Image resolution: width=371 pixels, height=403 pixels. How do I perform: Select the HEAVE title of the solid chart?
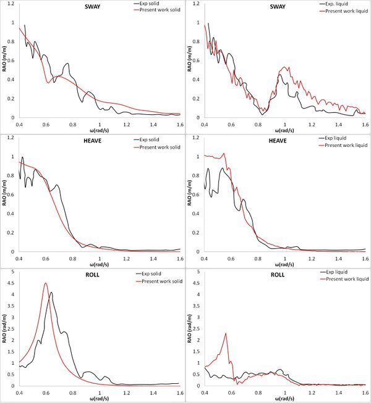pyautogui.click(x=95, y=143)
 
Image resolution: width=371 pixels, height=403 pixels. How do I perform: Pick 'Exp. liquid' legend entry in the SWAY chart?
pyautogui.click(x=341, y=4)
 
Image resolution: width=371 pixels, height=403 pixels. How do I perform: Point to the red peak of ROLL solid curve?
pyautogui.click(x=46, y=284)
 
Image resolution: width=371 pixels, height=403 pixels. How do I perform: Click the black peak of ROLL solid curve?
pyautogui.click(x=51, y=293)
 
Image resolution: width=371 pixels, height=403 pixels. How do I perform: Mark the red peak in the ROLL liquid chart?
pyautogui.click(x=226, y=333)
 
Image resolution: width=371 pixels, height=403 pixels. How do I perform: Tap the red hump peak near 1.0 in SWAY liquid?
pyautogui.click(x=286, y=67)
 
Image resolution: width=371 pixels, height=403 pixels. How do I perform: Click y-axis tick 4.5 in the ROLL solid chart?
pyautogui.click(x=12, y=283)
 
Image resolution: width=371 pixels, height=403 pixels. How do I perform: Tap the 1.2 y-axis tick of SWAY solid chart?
pyautogui.click(x=12, y=5)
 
